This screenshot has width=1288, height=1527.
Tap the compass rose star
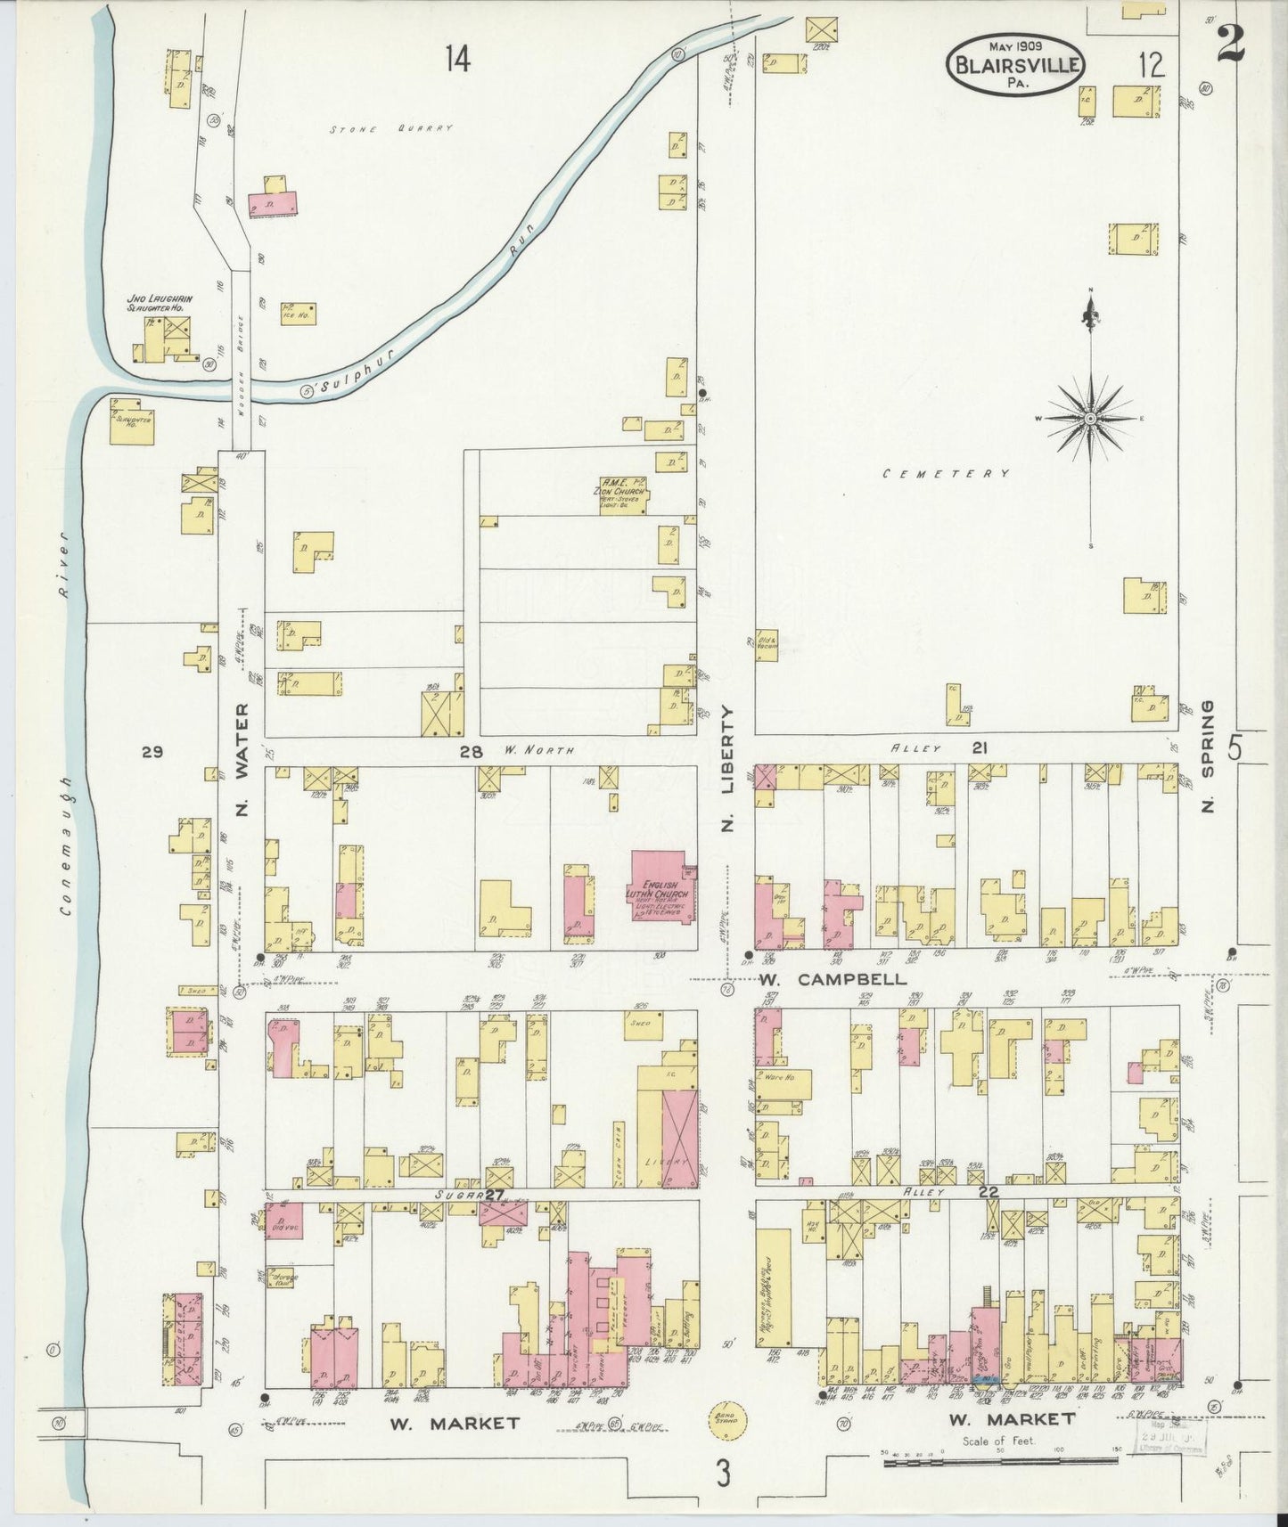(1090, 418)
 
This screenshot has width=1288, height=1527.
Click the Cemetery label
(946, 474)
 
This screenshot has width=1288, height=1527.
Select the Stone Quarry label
(391, 129)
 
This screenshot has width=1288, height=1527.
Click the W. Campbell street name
(833, 979)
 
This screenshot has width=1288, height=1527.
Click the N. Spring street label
(1209, 757)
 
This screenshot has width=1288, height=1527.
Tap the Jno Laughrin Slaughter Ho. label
(157, 303)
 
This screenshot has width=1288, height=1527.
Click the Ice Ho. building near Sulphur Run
(299, 314)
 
